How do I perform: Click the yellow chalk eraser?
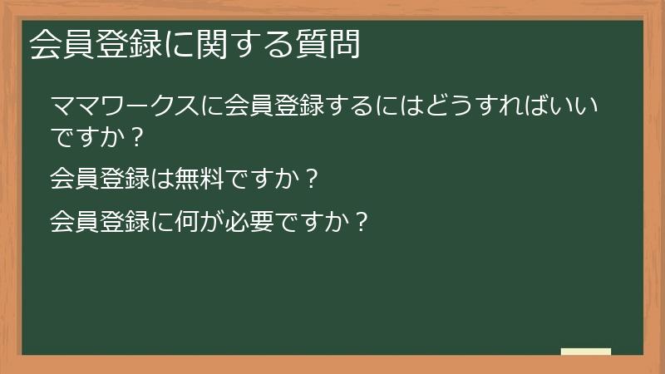[x=586, y=352]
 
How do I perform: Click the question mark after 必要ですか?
[x=359, y=223]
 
